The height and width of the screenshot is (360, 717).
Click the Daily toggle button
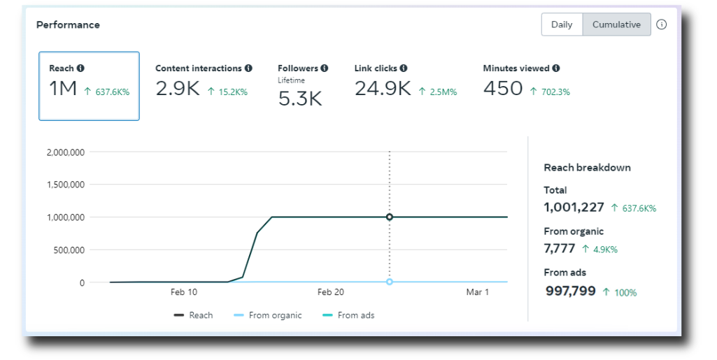pos(562,24)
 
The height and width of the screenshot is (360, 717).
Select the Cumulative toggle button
pos(616,24)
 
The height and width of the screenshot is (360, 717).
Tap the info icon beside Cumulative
pos(661,24)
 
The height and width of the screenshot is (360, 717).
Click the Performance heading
pos(68,24)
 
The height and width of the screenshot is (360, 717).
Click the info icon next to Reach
pos(80,68)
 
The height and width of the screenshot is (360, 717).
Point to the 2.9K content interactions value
pos(178,88)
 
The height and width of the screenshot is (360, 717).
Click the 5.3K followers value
pos(300,99)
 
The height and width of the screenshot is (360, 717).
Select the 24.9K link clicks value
pos(383,88)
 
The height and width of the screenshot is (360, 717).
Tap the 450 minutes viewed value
pos(503,88)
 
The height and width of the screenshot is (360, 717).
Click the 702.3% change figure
pos(555,92)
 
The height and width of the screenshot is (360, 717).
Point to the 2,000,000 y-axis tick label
pos(65,152)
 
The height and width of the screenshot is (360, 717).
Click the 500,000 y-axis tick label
pos(69,250)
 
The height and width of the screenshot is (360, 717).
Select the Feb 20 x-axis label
pos(331,292)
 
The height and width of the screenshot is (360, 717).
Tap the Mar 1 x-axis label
pos(477,292)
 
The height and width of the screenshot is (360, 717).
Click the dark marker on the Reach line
pos(390,217)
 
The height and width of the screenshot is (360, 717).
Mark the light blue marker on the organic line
pos(390,282)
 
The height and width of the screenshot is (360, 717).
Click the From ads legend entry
pos(348,315)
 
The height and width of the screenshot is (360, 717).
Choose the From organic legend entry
pos(267,315)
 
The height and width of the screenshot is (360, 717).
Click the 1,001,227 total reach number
pos(574,208)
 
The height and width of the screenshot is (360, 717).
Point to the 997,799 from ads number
pos(571,291)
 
